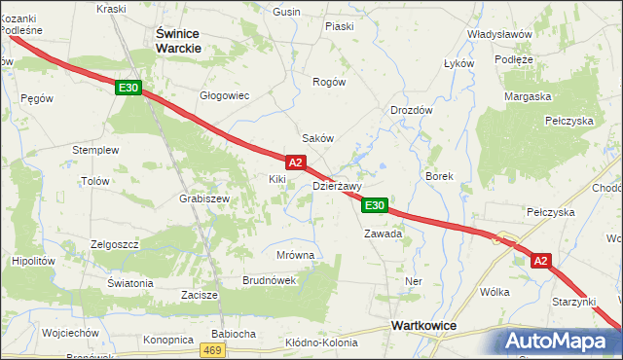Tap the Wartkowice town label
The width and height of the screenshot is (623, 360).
(x=424, y=326)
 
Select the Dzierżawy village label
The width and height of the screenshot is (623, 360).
(x=337, y=186)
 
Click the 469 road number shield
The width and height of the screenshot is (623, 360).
(x=214, y=349)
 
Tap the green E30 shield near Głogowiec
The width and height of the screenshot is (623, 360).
(x=128, y=88)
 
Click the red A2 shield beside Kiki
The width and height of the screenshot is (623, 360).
(x=297, y=162)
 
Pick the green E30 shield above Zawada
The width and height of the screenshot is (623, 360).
(x=376, y=205)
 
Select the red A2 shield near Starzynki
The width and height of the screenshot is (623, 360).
(x=542, y=260)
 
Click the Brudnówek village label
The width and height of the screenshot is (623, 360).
(x=269, y=280)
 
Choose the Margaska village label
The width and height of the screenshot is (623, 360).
(x=528, y=96)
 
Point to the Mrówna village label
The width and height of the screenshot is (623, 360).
(x=296, y=255)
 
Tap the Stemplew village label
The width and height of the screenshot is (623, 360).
(x=95, y=151)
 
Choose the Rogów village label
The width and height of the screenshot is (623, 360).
(x=329, y=83)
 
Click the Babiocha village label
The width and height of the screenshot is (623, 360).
(x=234, y=334)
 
